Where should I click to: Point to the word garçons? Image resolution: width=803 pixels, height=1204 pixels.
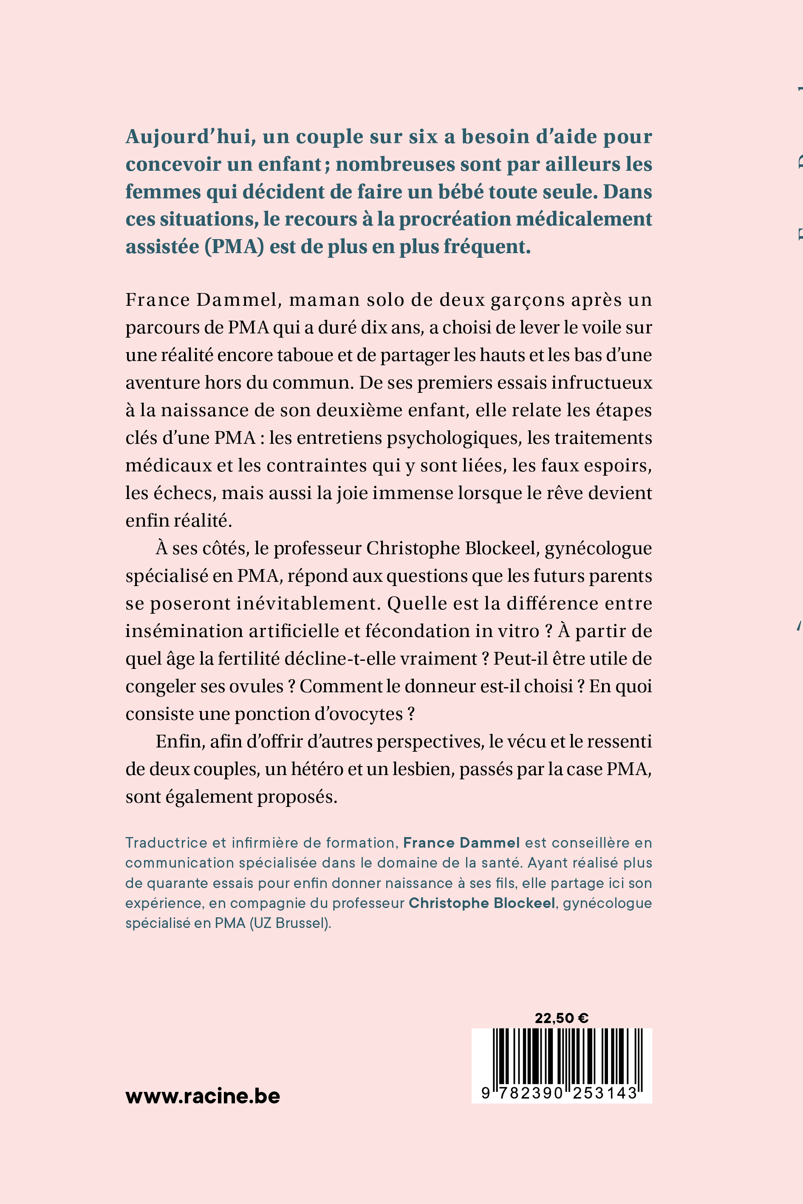coord(528,300)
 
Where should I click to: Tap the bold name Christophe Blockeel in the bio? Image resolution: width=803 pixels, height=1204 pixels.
coord(481,903)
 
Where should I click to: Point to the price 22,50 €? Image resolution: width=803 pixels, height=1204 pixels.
coord(561,1018)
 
